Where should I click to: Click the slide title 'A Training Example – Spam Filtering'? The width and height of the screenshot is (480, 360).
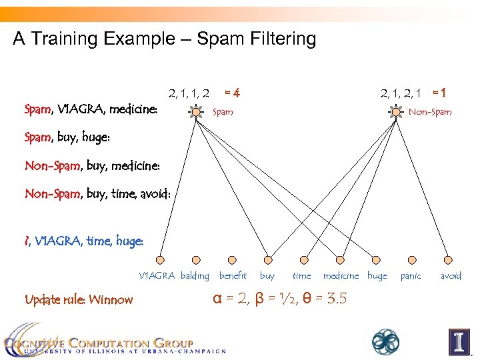tap(165, 39)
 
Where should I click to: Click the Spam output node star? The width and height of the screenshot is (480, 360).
tap(196, 112)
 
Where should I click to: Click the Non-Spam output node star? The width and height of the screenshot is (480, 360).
tap(395, 112)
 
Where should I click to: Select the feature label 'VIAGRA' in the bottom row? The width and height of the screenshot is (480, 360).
tap(157, 275)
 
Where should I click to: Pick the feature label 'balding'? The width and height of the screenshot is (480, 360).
tap(195, 275)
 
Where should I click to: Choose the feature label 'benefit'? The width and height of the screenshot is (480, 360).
tap(233, 275)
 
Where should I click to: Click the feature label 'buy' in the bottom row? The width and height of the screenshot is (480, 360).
tap(267, 275)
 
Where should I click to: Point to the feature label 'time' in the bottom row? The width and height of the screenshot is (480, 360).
tap(301, 275)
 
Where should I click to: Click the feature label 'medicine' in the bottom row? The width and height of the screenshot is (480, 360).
tap(341, 275)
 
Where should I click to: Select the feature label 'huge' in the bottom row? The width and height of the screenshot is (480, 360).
tap(377, 275)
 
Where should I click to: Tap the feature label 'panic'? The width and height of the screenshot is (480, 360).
tap(411, 275)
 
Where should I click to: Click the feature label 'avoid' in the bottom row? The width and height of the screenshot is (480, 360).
tap(451, 275)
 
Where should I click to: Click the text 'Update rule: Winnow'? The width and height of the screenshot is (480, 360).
tap(79, 299)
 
